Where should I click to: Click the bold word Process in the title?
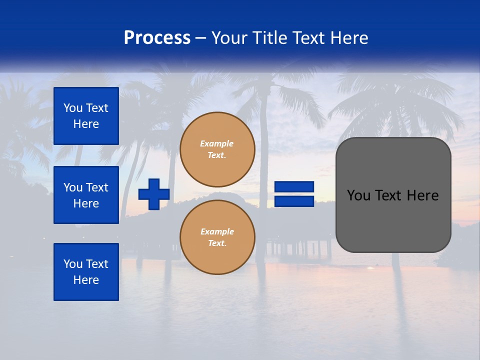click(157, 38)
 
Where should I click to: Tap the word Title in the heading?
click(269, 38)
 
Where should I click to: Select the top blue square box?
click(86, 116)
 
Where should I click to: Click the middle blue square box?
click(86, 195)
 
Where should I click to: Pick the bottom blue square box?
click(86, 272)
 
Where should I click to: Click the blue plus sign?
click(154, 194)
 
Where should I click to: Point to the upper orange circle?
click(217, 149)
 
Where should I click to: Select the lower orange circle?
click(217, 237)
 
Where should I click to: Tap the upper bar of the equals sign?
click(294, 187)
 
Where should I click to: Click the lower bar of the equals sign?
click(294, 201)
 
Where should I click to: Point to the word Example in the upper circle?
click(217, 143)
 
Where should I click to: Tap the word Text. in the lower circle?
click(217, 243)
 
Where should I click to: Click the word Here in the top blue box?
click(86, 124)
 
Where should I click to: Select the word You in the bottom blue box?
click(73, 264)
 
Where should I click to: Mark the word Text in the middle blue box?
click(96, 187)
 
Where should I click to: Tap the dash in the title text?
click(201, 38)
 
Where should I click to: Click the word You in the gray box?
click(358, 195)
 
